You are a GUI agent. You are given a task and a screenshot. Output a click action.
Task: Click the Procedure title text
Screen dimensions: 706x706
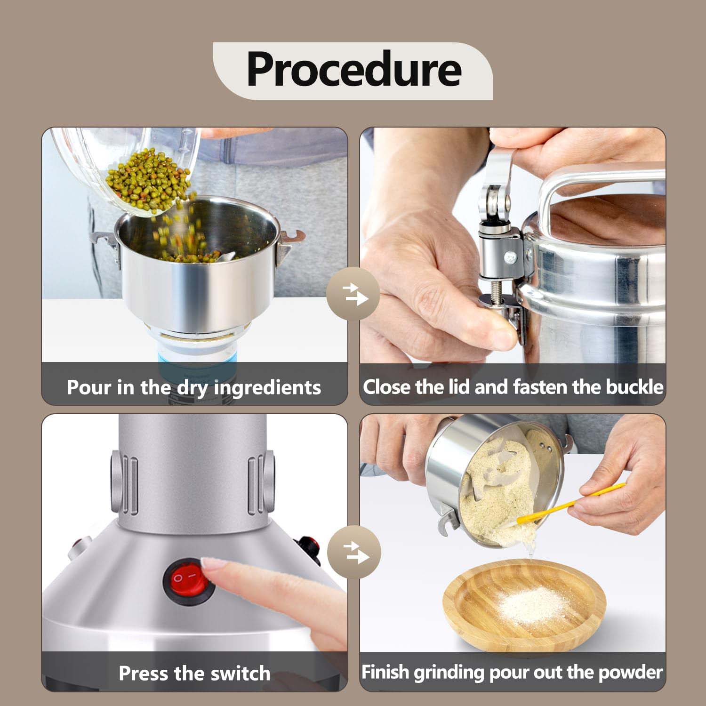353,70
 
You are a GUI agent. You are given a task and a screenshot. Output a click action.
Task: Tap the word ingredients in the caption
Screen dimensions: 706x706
267,388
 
